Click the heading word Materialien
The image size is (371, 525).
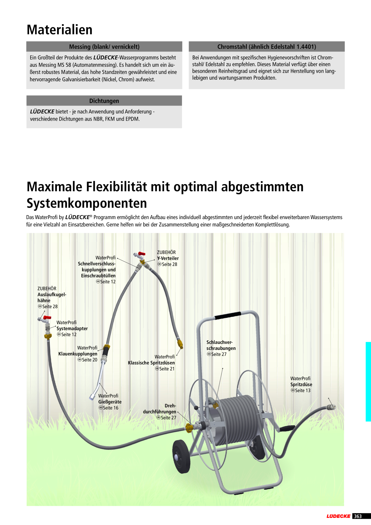point(60,30)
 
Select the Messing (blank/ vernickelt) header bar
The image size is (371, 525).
point(104,47)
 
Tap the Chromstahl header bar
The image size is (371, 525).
point(267,47)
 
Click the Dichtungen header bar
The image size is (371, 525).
point(104,101)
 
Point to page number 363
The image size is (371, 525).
point(358,516)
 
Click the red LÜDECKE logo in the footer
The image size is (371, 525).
point(338,516)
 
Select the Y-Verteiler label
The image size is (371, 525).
point(168,258)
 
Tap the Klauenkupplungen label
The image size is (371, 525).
point(78,354)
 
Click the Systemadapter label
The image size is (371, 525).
point(72,328)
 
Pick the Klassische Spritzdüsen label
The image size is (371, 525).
point(151,363)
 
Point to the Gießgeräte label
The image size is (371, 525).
point(110,402)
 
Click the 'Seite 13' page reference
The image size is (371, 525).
point(301,390)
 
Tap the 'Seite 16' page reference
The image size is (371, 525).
point(109,408)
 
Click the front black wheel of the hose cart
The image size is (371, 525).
point(181,456)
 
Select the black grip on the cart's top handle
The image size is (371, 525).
point(228,315)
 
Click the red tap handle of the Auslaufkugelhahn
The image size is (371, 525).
point(47,318)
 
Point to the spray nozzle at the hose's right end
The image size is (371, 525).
point(331,407)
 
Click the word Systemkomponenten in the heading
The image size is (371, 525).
point(87,203)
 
